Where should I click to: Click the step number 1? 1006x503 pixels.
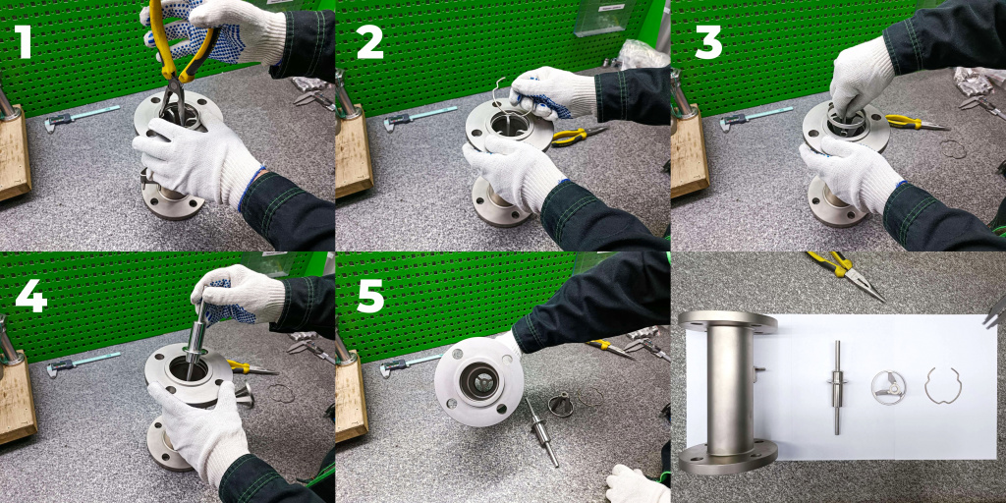pos(24,42)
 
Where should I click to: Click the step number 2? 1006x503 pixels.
pos(369,43)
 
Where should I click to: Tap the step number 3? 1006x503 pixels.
pos(708,43)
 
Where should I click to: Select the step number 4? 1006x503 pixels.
pos(30,296)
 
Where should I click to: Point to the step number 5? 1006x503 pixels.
pos(370,296)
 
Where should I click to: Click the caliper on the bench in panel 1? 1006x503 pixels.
pos(82,118)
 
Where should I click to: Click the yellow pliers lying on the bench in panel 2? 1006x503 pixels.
pos(578,135)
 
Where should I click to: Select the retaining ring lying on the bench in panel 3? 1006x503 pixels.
pos(953,149)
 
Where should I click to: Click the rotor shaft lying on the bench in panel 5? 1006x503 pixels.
pos(541,431)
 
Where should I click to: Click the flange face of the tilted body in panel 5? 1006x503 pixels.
pos(478,381)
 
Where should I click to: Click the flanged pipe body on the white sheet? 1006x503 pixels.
pos(728,392)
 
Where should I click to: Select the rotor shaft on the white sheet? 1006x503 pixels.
pos(837,387)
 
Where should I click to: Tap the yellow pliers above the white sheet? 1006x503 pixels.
pos(846,275)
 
